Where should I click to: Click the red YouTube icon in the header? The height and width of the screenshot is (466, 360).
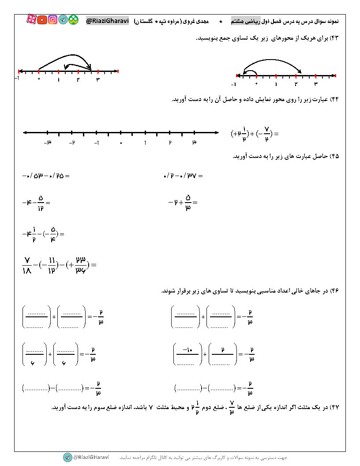click(42, 19)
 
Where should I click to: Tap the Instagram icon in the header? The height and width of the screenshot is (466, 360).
click(53, 19)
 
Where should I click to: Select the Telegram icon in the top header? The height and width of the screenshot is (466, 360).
click(63, 20)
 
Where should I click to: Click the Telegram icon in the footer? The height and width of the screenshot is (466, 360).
click(67, 457)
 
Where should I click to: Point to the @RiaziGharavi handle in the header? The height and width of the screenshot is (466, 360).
click(107, 20)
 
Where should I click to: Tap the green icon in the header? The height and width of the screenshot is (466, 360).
click(74, 20)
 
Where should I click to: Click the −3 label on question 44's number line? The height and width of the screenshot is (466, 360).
click(48, 143)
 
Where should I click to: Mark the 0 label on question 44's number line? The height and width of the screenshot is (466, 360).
click(121, 143)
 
